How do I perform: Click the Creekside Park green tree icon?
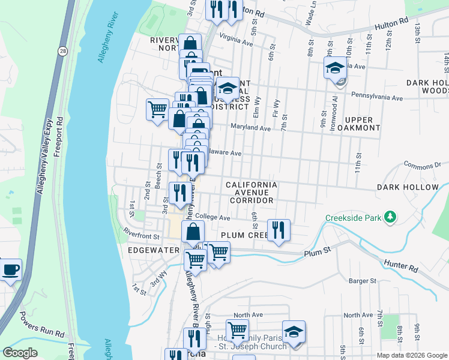coord(391,217)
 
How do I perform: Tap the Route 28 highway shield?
coord(62,52)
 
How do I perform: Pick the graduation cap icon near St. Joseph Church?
coord(294,331)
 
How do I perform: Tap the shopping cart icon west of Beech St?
coord(157,110)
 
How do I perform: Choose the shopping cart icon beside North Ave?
coord(237,330)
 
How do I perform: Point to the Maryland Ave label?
coord(251,128)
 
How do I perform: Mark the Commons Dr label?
coord(423,164)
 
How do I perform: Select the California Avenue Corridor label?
coord(251,193)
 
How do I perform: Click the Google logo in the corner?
coord(20,353)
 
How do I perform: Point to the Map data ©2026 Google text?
coord(411,355)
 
